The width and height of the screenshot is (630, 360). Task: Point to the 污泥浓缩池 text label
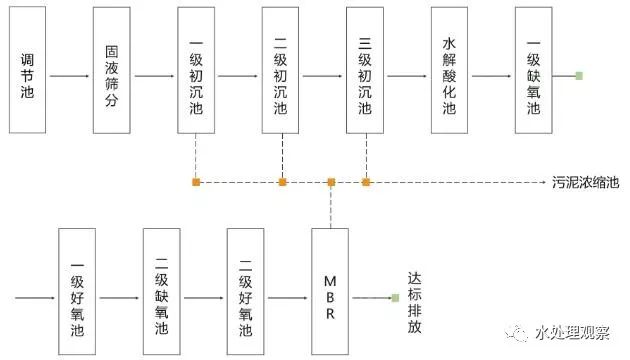point(585,182)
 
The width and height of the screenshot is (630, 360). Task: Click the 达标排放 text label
point(415,298)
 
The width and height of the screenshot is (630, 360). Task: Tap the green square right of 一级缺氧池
point(579,76)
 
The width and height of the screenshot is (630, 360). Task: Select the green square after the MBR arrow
point(395,298)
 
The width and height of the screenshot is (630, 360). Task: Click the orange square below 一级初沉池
point(197,182)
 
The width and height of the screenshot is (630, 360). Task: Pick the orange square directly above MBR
point(331,182)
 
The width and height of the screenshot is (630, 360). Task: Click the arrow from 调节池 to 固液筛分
point(70,77)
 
